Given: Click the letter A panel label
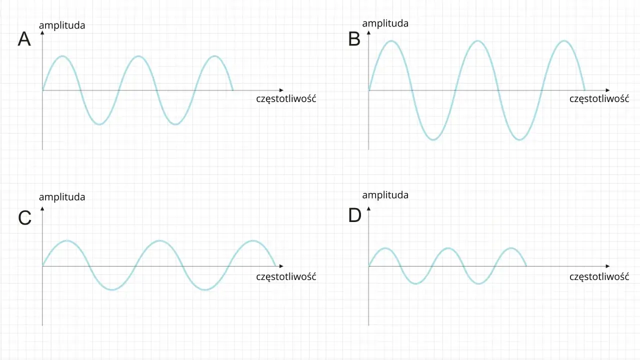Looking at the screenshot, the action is (24, 39).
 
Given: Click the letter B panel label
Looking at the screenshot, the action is (354, 39).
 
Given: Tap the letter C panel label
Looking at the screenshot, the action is (24, 217).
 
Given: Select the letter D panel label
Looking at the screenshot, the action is (355, 215).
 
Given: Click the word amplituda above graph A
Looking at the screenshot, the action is (62, 25).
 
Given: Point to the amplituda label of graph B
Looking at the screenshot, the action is (385, 23).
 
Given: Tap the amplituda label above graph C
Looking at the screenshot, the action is (62, 197).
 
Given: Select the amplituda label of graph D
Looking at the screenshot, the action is (385, 195).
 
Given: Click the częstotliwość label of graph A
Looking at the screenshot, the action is (286, 98).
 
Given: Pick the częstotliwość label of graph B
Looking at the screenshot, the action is (599, 98).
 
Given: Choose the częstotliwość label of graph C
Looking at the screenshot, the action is (286, 276).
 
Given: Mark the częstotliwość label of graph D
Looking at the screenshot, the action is (599, 276).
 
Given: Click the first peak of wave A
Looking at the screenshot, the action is (62, 56).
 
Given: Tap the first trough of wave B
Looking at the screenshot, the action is (433, 139).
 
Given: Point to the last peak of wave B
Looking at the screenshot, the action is (564, 41).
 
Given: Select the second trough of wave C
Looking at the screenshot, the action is (205, 289).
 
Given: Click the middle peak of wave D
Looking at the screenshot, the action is (448, 248).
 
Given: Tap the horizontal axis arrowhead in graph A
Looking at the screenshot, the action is (281, 90).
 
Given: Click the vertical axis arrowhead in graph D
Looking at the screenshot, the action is (368, 209).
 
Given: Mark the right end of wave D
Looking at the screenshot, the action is (526, 265).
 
